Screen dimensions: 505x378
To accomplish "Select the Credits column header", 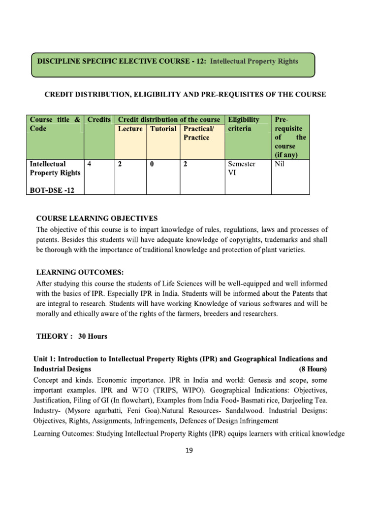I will point(98,120).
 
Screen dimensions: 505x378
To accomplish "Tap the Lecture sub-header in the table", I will point(130,129).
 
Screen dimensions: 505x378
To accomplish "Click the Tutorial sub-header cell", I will point(163,129).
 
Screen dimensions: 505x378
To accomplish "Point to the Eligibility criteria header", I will point(244,124).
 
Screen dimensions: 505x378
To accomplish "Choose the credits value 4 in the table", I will point(89,164).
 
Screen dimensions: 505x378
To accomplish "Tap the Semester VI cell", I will point(241,169).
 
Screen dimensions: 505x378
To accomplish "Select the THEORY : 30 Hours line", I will point(72,336).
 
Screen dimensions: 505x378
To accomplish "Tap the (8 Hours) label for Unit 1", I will point(313,369).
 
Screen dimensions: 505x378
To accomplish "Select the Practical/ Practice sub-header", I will point(196,133).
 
